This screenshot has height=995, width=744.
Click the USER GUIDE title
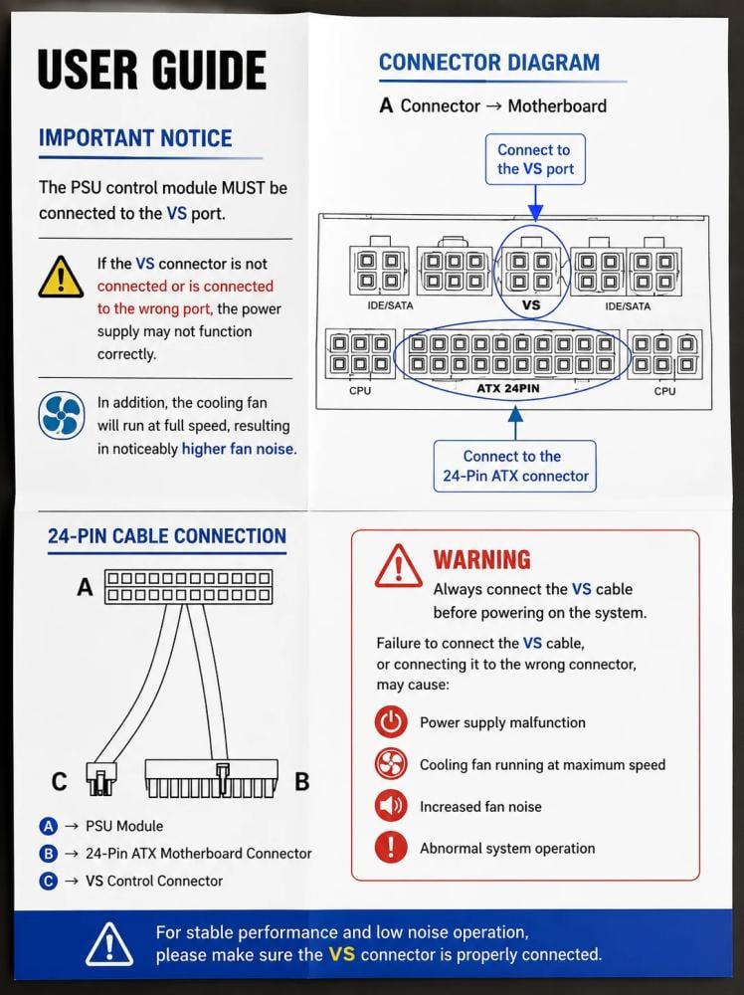tap(151, 70)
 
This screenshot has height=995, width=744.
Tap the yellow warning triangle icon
tap(61, 278)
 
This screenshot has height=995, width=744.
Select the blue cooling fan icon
tap(61, 416)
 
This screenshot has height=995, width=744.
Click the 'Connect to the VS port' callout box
tap(535, 159)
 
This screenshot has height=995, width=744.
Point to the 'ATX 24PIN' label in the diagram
tap(508, 388)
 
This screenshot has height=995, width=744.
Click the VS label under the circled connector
tap(531, 305)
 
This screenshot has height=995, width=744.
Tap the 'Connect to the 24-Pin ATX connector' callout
tap(515, 466)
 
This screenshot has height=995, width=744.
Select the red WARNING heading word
tap(482, 559)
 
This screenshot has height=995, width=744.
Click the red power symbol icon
tap(391, 721)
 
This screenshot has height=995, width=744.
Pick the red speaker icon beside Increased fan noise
tap(391, 806)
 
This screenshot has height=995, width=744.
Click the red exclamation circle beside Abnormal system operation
tap(391, 848)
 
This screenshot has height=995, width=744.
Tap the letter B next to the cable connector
tap(302, 782)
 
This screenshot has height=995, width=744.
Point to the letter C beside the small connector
tap(59, 782)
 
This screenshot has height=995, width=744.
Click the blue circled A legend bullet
tap(48, 826)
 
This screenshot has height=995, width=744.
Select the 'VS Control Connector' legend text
tap(154, 881)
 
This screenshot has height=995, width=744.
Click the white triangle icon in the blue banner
tap(109, 944)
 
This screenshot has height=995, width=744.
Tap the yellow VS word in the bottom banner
tap(342, 954)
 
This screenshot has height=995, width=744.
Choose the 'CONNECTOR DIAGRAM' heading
tap(489, 62)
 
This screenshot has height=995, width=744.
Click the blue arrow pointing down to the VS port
tap(535, 203)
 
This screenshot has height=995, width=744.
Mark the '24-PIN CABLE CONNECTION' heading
tap(167, 536)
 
